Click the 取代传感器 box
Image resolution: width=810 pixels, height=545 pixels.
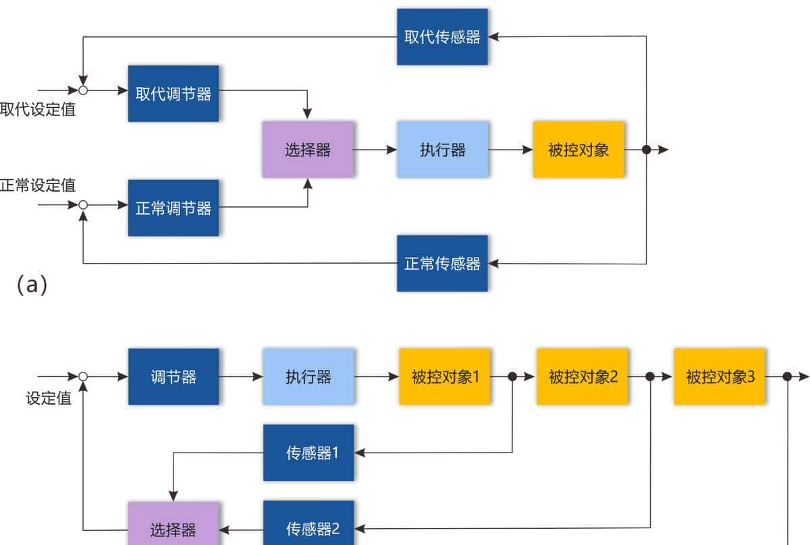[442, 36]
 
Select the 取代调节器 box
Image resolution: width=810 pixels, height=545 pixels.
[173, 94]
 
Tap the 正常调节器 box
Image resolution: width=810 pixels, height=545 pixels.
[173, 208]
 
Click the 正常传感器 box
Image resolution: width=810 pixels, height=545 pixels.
[442, 263]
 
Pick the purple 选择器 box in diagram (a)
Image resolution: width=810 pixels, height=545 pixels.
[308, 150]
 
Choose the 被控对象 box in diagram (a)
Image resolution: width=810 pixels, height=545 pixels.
[578, 150]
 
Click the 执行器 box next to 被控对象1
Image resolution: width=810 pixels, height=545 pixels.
[308, 376]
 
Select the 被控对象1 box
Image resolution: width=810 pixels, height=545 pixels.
[445, 376]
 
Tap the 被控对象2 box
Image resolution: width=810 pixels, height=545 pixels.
[583, 376]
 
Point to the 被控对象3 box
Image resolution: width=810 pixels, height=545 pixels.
[720, 376]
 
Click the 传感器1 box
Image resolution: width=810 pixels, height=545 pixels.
[308, 453]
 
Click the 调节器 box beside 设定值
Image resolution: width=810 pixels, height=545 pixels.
[173, 376]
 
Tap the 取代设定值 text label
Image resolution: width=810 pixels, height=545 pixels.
[38, 110]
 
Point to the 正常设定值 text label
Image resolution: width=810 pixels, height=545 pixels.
[38, 185]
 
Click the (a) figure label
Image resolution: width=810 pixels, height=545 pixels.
[32, 285]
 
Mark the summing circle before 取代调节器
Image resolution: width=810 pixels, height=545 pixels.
[83, 90]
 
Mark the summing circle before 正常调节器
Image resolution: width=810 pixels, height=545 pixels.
[83, 204]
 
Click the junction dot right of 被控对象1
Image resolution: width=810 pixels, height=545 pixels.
[512, 376]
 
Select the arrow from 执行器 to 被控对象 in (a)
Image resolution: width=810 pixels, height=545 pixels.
[510, 150]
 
